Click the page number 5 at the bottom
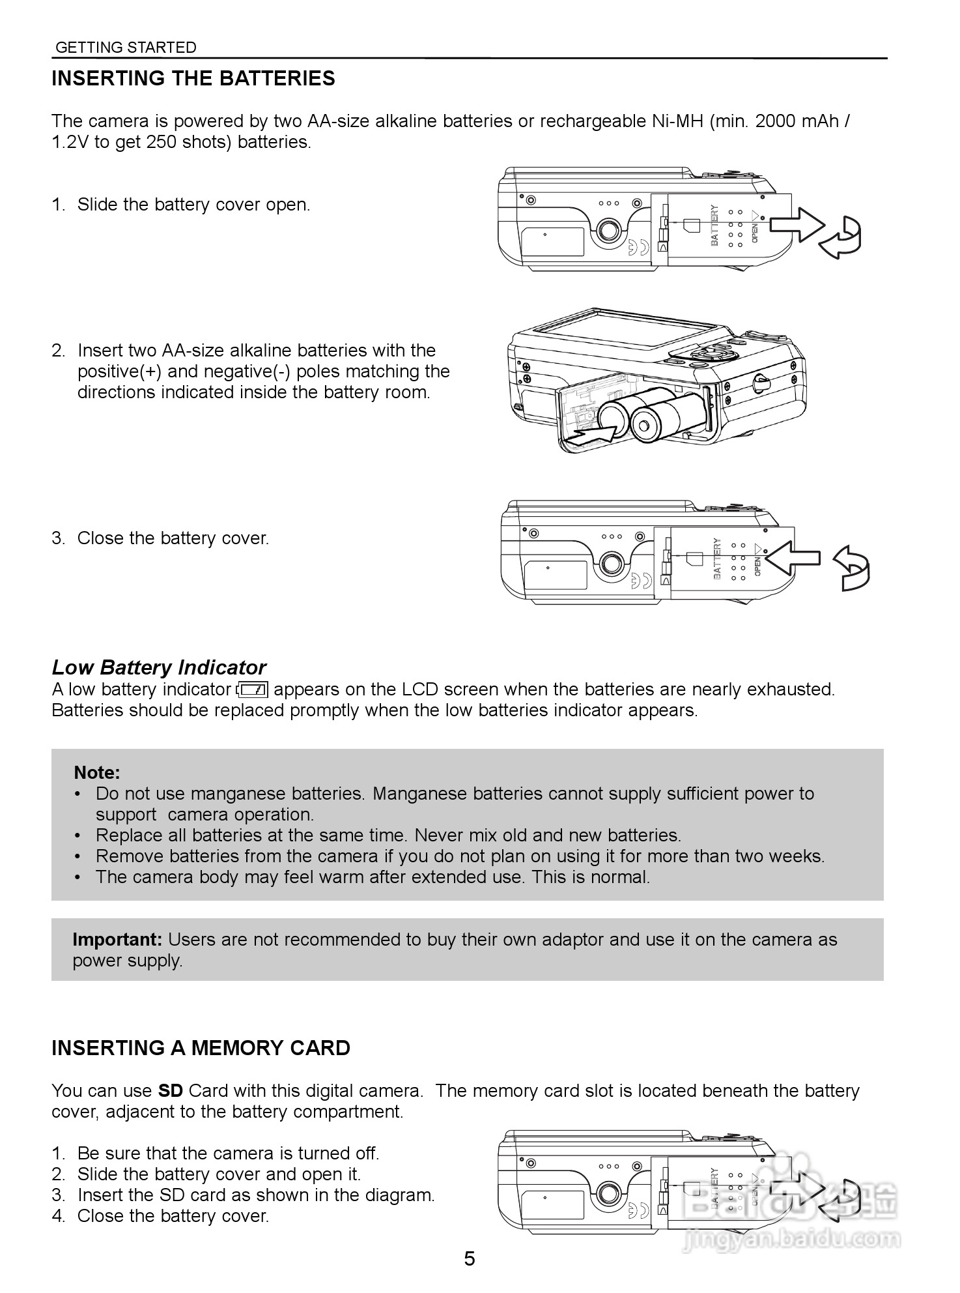pos(470,1258)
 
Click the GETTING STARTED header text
pos(126,48)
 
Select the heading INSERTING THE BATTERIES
pos(193,78)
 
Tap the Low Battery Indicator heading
pos(159,667)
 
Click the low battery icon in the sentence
pos(253,690)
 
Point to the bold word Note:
pos(97,773)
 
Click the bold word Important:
pos(117,940)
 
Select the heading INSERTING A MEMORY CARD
pos(201,1048)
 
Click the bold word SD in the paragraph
pos(171,1091)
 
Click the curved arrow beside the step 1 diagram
pos(843,237)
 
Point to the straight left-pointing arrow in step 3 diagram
pos(791,558)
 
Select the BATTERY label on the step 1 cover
pos(714,225)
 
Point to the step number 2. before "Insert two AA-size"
pos(59,351)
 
